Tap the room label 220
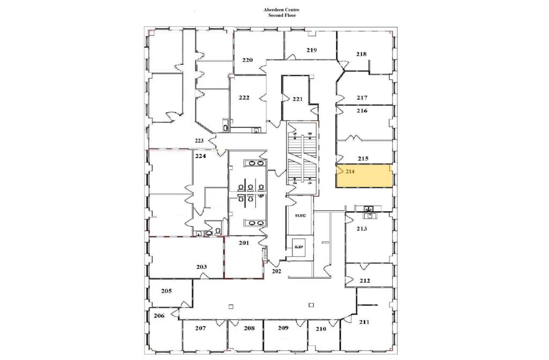tap(247, 60)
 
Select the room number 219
tap(312, 50)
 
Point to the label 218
tap(361, 54)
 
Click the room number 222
tap(244, 97)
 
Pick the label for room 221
tap(298, 99)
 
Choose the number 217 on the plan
tap(362, 97)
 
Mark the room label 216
tap(362, 111)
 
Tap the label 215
tap(363, 159)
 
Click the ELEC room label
tap(300, 215)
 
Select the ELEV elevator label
tap(299, 246)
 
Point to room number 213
tap(362, 229)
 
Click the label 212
tap(365, 280)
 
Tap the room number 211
tap(364, 322)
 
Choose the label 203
tap(202, 266)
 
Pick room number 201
tap(244, 243)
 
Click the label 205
tap(166, 291)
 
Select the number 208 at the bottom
tap(250, 328)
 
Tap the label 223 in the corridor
tap(199, 141)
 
